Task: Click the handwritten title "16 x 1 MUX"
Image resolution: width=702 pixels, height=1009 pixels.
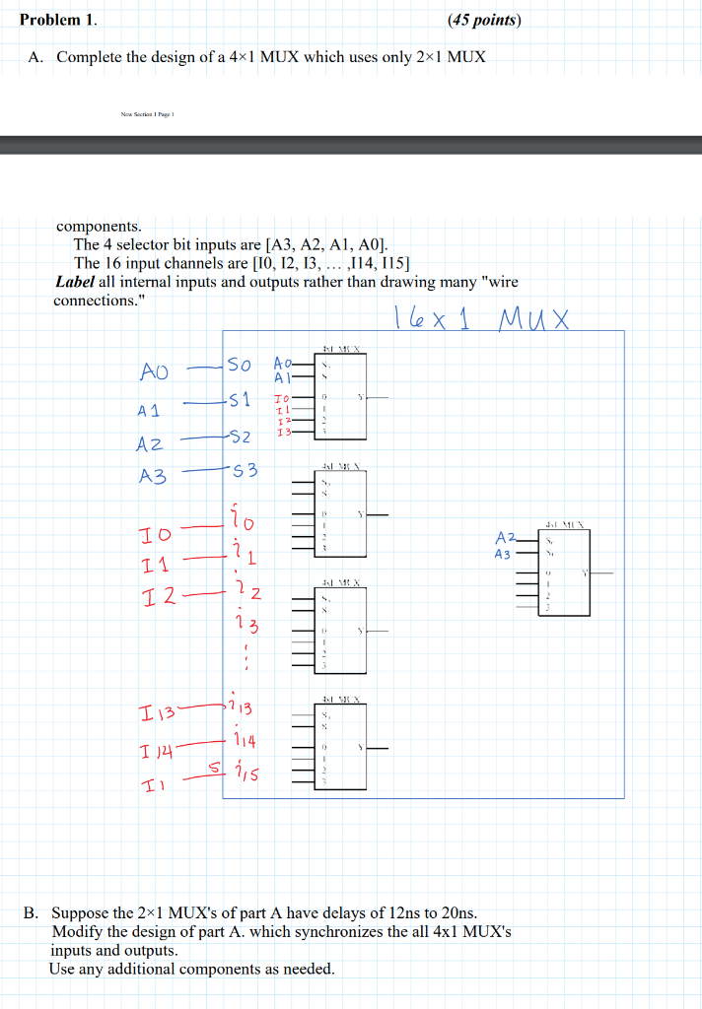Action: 480,318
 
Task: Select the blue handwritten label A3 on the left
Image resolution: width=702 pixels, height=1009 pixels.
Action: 153,476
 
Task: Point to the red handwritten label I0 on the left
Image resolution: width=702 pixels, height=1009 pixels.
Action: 154,535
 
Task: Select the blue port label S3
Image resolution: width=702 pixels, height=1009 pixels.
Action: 244,471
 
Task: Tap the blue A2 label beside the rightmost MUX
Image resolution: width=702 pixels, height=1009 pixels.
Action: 505,538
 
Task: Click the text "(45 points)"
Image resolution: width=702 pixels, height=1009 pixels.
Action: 483,20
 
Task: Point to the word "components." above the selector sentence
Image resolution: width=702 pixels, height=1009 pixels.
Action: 99,226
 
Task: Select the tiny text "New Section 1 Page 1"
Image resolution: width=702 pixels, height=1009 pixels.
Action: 147,113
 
